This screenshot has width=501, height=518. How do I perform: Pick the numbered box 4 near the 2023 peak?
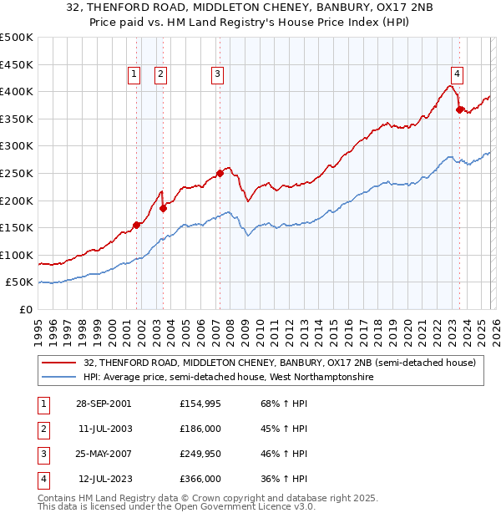457,73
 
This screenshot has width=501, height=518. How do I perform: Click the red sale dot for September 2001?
137,225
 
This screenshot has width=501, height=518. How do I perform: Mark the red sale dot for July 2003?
164,208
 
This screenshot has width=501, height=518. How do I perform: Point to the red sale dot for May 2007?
220,173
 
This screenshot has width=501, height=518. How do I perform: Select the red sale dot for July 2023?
459,109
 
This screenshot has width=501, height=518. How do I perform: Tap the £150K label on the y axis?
17,228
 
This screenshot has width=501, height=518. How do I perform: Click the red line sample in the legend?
60,363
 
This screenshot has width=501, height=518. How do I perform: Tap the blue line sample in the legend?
60,378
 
